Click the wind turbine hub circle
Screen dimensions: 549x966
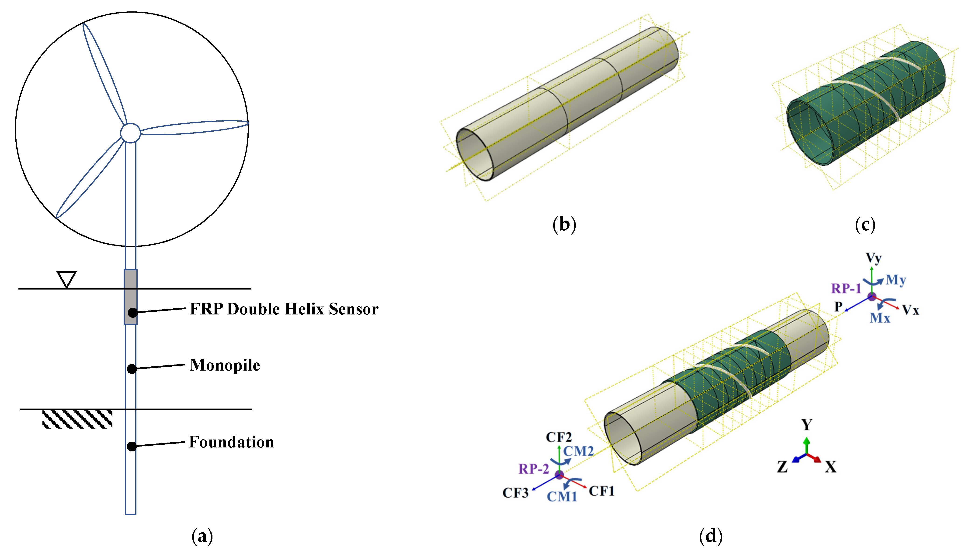(130, 133)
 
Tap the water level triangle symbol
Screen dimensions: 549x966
(66, 279)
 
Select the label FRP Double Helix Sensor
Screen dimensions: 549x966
(284, 309)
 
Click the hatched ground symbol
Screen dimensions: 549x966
(77, 419)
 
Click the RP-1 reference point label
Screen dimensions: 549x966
(846, 289)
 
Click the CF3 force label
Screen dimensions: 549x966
(515, 493)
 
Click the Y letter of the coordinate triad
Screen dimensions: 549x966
(807, 425)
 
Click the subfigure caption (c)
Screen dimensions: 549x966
(865, 225)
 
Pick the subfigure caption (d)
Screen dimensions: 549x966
(711, 536)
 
